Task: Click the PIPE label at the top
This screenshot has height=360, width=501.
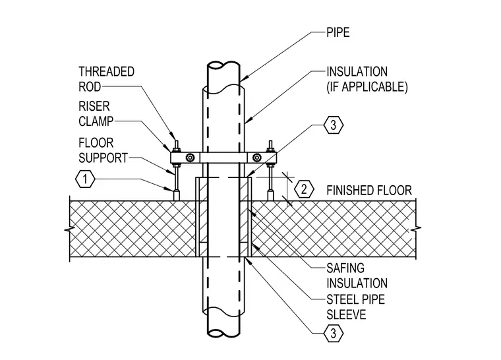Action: tap(338, 32)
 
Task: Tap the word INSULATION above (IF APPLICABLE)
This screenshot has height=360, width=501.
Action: tap(357, 72)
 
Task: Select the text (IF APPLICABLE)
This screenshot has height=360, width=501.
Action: tap(367, 87)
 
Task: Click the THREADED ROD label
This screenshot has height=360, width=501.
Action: tap(106, 79)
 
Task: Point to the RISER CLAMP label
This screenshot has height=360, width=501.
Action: tap(96, 113)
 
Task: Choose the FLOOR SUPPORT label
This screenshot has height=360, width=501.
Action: tap(103, 150)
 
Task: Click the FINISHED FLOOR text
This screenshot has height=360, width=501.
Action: tap(369, 191)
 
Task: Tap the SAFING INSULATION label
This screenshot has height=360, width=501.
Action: tap(357, 276)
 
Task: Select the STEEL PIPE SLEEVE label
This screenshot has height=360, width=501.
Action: tap(355, 307)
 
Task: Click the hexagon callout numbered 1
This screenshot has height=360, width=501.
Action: tap(85, 179)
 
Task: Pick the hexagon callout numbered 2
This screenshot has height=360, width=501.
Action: tap(304, 189)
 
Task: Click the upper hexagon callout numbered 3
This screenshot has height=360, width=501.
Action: tap(334, 125)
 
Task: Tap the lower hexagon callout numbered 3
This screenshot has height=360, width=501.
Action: tap(334, 334)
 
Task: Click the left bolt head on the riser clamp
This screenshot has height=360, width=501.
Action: tap(191, 158)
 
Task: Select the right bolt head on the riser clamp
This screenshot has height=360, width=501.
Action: tap(256, 158)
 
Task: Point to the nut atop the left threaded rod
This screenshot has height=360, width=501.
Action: tap(176, 149)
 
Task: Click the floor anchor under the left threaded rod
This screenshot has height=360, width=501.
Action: tap(176, 195)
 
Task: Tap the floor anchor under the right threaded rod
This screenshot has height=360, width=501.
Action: tap(271, 195)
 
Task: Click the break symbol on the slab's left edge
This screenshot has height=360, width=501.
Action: tap(70, 229)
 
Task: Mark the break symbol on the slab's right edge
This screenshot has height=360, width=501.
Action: tap(416, 229)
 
